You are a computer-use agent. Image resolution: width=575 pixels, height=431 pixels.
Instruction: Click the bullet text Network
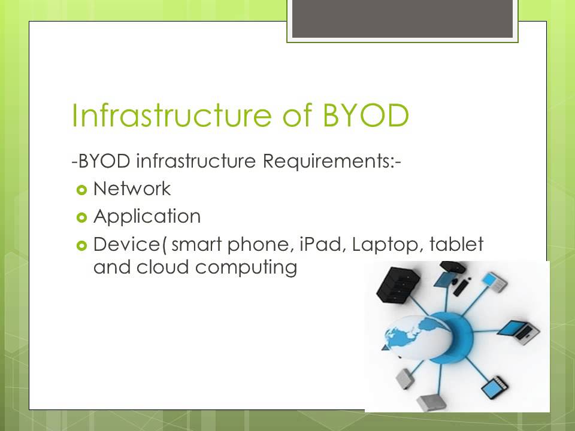click(132, 189)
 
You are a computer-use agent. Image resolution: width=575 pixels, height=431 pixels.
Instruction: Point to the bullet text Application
click(147, 216)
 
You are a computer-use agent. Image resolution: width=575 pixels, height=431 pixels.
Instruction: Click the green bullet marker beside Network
click(82, 190)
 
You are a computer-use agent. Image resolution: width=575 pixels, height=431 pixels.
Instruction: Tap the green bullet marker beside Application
click(82, 217)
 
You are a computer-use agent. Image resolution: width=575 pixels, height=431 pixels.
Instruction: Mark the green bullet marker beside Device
click(82, 245)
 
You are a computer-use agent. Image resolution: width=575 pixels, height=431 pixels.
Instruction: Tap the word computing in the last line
click(246, 268)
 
